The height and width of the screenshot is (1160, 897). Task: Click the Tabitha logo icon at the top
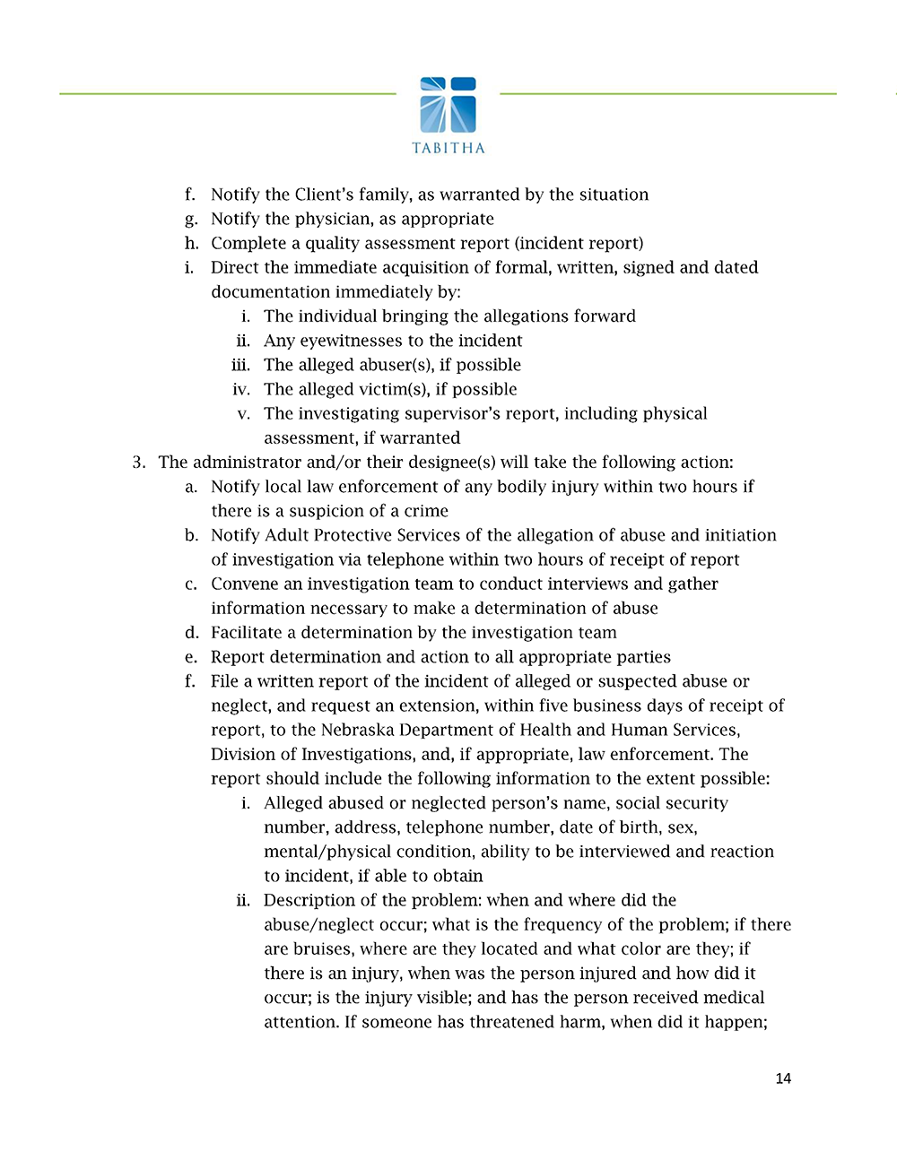448,105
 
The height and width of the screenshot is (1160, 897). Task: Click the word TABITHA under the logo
448,148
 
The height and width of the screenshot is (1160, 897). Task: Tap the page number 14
783,1078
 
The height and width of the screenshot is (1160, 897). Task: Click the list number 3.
138,463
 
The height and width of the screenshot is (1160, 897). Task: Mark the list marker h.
191,243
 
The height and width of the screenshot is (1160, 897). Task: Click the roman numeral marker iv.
240,389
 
